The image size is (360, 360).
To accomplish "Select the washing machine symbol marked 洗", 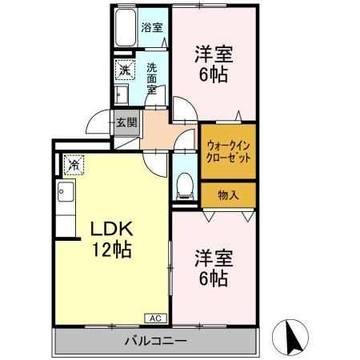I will [x=124, y=70].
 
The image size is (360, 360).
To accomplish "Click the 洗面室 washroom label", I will [x=152, y=78].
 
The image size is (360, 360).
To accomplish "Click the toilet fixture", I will [x=184, y=185].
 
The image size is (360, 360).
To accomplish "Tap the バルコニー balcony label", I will [x=155, y=342].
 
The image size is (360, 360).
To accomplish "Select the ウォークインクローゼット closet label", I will [x=229, y=151].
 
